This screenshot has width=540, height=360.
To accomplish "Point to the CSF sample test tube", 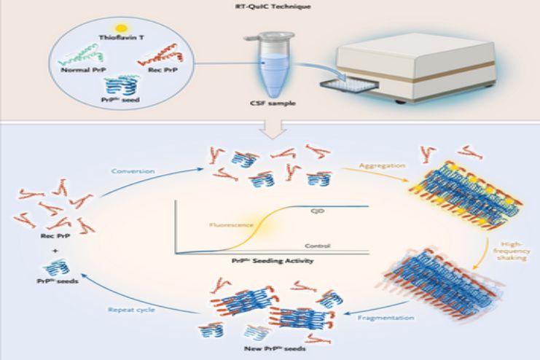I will click(272, 69).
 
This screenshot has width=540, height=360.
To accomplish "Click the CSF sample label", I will click(271, 113).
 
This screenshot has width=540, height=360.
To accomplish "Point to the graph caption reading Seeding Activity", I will click(270, 262).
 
